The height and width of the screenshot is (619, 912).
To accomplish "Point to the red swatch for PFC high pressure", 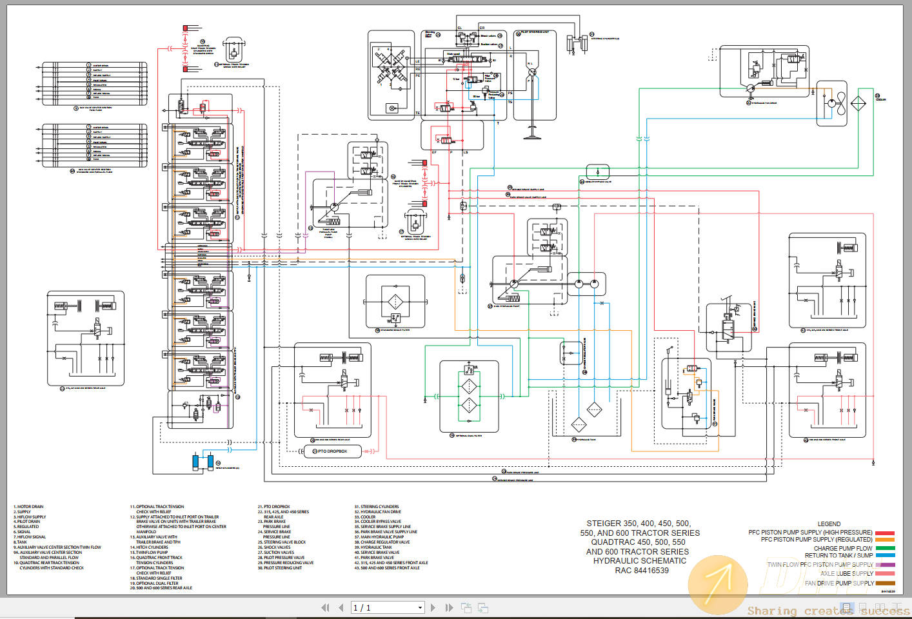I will click(x=885, y=533).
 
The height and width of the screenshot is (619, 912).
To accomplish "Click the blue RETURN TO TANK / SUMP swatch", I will click(x=885, y=556).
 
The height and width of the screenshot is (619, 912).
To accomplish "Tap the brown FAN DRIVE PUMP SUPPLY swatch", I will click(x=885, y=584).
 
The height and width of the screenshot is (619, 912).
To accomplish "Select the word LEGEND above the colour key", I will click(x=829, y=524).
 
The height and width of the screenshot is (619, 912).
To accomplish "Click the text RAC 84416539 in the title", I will click(x=641, y=571).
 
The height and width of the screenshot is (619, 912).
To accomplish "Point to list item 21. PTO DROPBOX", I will click(x=274, y=507).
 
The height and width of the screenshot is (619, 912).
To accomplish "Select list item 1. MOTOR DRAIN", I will click(x=29, y=507).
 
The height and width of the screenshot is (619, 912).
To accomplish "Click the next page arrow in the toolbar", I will click(x=433, y=607).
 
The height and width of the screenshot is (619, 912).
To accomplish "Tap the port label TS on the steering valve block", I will click(x=510, y=102).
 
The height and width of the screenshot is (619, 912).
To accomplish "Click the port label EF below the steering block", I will click(x=434, y=153).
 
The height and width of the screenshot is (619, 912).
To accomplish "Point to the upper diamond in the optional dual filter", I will click(x=470, y=387).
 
